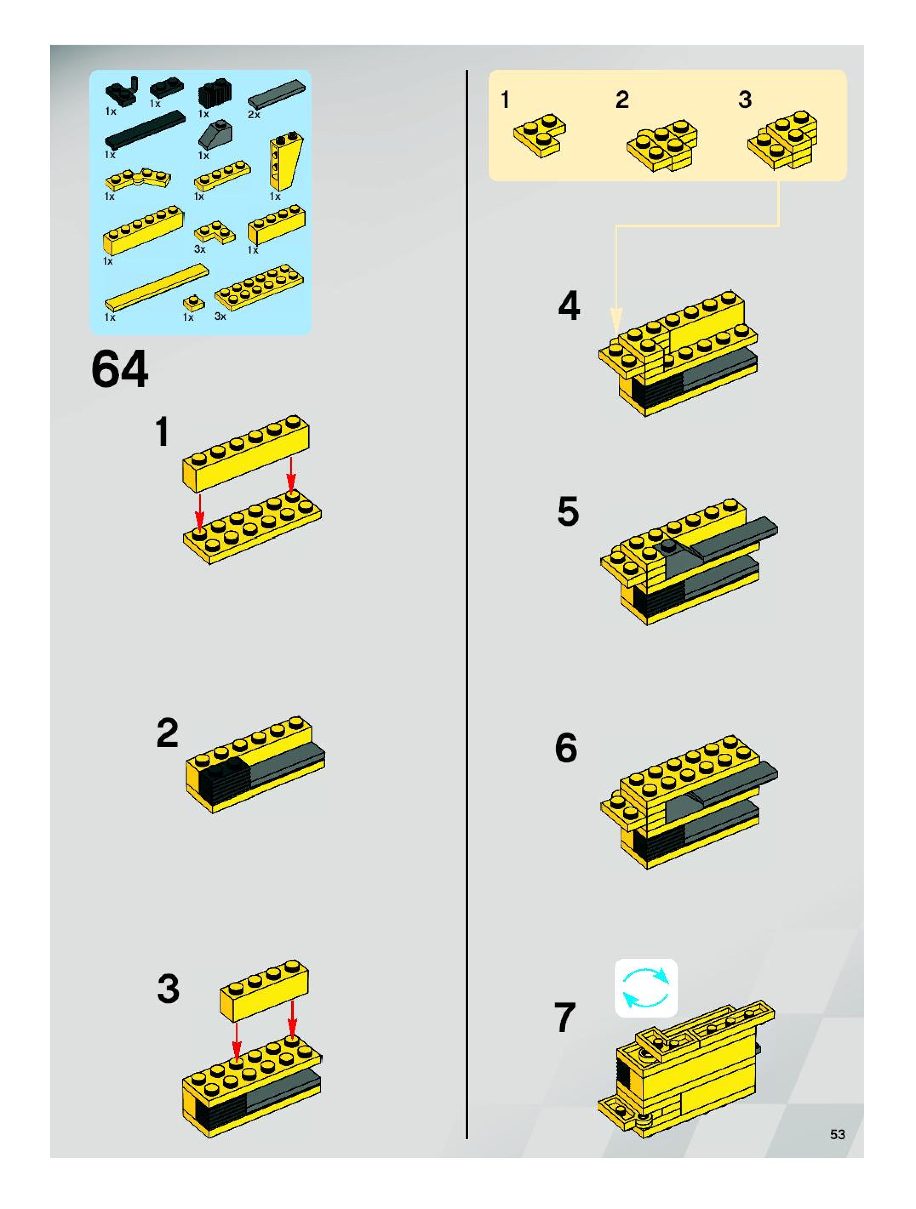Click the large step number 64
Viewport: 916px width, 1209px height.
[120, 370]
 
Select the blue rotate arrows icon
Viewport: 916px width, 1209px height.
[646, 988]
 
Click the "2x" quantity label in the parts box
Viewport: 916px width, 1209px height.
[254, 114]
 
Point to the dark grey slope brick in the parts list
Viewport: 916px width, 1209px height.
[215, 134]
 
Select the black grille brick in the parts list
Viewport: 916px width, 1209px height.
[215, 94]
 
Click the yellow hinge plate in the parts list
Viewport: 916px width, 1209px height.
[137, 178]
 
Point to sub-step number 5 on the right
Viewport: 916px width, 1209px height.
[568, 512]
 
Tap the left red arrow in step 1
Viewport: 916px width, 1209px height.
[200, 513]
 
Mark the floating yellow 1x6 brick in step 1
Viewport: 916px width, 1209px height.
[246, 453]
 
